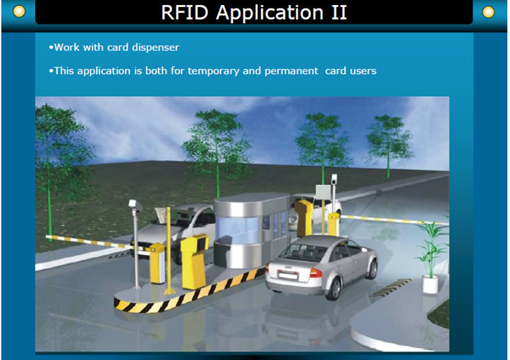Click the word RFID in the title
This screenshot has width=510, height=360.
point(184,13)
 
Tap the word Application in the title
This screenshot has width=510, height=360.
point(270,13)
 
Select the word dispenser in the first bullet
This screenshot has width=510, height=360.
point(155,47)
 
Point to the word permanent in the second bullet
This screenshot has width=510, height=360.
point(291,71)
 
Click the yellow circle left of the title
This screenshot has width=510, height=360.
point(19,12)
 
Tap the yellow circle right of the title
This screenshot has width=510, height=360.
point(488,12)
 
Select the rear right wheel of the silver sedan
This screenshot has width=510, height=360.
point(334,289)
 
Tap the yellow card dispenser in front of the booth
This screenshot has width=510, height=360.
point(195,261)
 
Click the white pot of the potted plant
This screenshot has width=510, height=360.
point(430,284)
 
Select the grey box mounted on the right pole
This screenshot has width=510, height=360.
point(323,192)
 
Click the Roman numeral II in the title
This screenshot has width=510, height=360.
point(339,13)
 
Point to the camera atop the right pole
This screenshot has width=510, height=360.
point(334,179)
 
